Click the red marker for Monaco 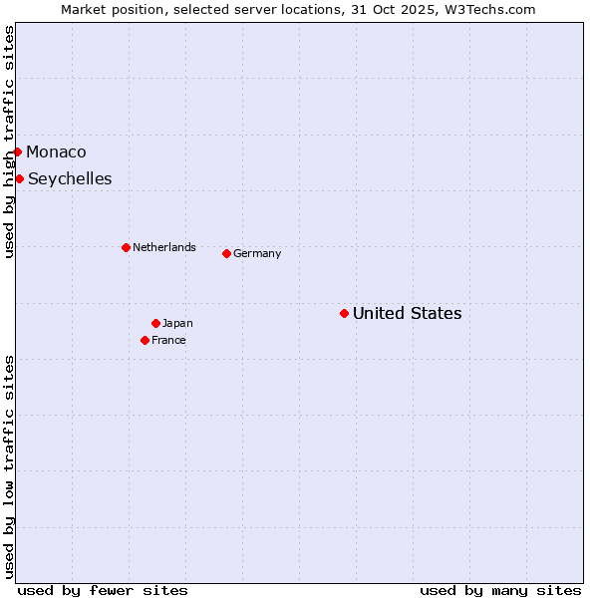[17, 151]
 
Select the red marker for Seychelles [19, 178]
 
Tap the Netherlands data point [126, 247]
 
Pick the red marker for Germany [226, 253]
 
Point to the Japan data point [155, 323]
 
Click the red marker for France [145, 340]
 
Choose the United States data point [344, 313]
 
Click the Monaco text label [56, 151]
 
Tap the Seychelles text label [70, 178]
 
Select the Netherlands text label [164, 247]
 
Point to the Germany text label [257, 253]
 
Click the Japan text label [177, 323]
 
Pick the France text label [168, 340]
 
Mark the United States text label [407, 313]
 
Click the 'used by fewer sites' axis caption [103, 590]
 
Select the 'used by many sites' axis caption [500, 590]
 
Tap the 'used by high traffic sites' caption [9, 142]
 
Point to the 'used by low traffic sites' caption [9, 466]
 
